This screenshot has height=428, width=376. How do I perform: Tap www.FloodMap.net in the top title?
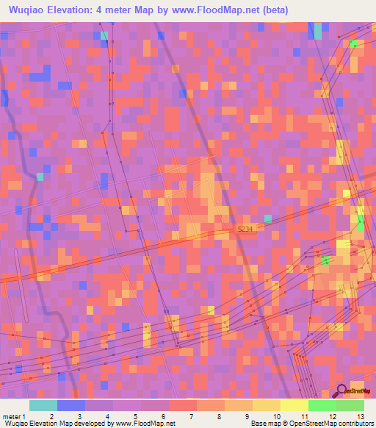pos(213,10)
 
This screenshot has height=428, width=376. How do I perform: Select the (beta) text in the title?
pos(273,10)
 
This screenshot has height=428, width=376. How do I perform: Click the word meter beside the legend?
pos(12,417)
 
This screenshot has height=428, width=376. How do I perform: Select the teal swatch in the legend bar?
pos(43,405)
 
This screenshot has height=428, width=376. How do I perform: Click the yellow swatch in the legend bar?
pos(294,405)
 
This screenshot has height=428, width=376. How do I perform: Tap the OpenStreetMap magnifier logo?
pos(341,391)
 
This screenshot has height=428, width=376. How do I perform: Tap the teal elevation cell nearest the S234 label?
pos(267,218)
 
